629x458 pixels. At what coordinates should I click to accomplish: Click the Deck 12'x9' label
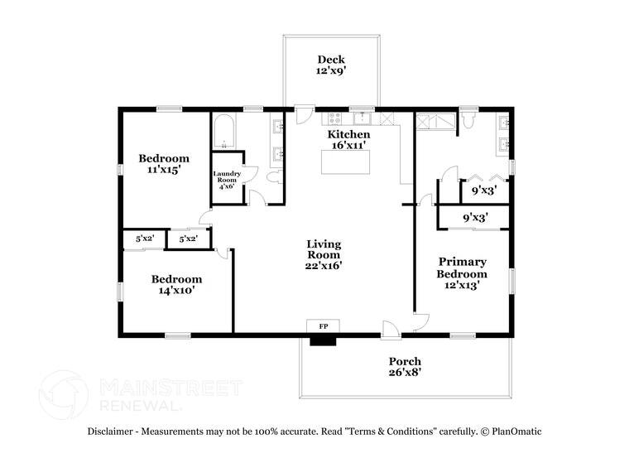[x=331, y=65]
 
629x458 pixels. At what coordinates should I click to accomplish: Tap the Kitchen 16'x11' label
[x=348, y=139]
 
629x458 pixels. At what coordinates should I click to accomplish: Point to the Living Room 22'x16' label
[x=324, y=255]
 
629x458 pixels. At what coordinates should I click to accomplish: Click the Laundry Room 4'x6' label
[x=227, y=180]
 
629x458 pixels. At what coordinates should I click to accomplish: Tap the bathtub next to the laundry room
[x=224, y=133]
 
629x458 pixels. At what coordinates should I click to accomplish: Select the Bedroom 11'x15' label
[x=163, y=163]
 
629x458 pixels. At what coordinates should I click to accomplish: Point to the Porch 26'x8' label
[x=405, y=367]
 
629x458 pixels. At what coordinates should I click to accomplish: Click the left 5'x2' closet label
[x=144, y=239]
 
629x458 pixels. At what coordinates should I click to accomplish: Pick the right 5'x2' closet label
[x=187, y=239]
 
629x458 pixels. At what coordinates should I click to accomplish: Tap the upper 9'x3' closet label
[x=484, y=189]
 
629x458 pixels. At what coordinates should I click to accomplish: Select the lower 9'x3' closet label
[x=474, y=218]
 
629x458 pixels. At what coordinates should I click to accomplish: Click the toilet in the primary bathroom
[x=468, y=123]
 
